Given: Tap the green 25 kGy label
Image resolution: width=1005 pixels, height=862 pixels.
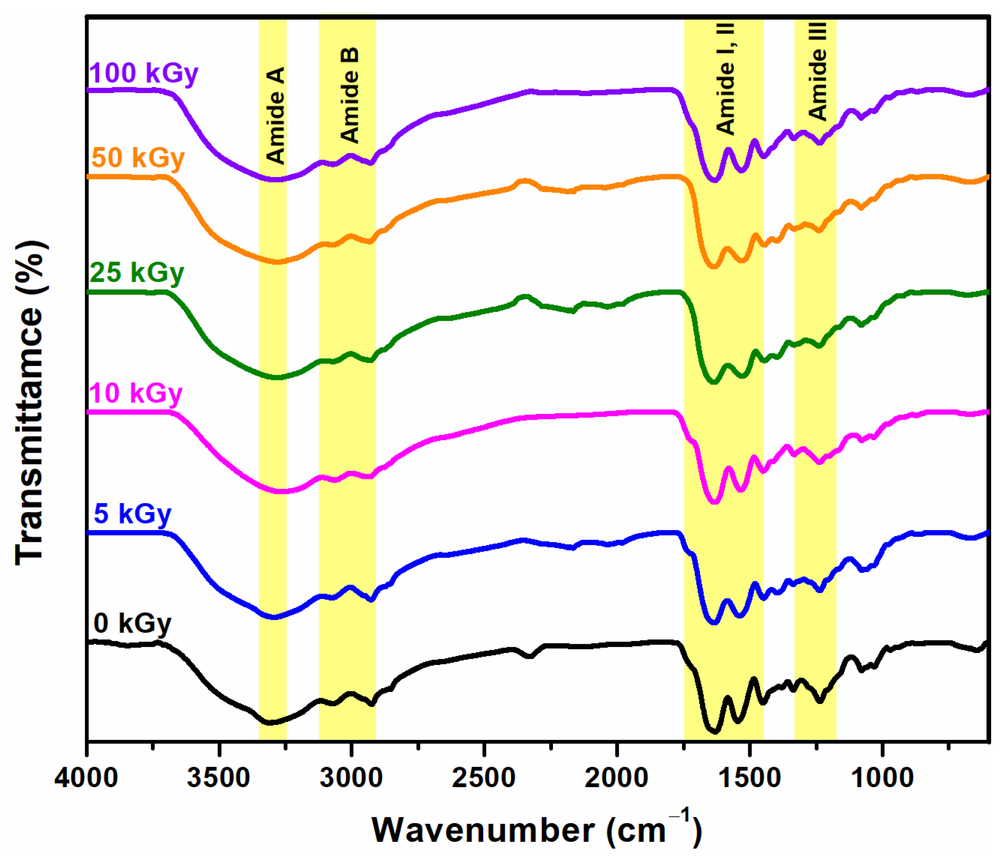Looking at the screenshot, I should [137, 273].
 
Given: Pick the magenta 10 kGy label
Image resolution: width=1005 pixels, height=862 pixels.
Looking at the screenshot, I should [136, 393].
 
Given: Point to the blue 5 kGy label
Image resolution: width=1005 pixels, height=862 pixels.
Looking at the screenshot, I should [132, 514].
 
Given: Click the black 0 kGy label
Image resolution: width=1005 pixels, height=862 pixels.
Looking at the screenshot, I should [132, 624].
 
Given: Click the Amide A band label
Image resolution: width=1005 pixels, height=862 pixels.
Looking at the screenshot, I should [275, 115].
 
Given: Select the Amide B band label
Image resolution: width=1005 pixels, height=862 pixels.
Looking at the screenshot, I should [349, 95].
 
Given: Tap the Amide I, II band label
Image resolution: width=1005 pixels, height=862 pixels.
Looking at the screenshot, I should [726, 79].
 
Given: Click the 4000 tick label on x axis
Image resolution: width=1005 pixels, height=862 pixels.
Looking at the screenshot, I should [86, 779].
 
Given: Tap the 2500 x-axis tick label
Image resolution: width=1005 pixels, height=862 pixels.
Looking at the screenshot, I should [484, 779].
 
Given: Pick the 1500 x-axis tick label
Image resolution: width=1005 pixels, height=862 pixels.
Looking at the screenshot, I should [749, 779].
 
